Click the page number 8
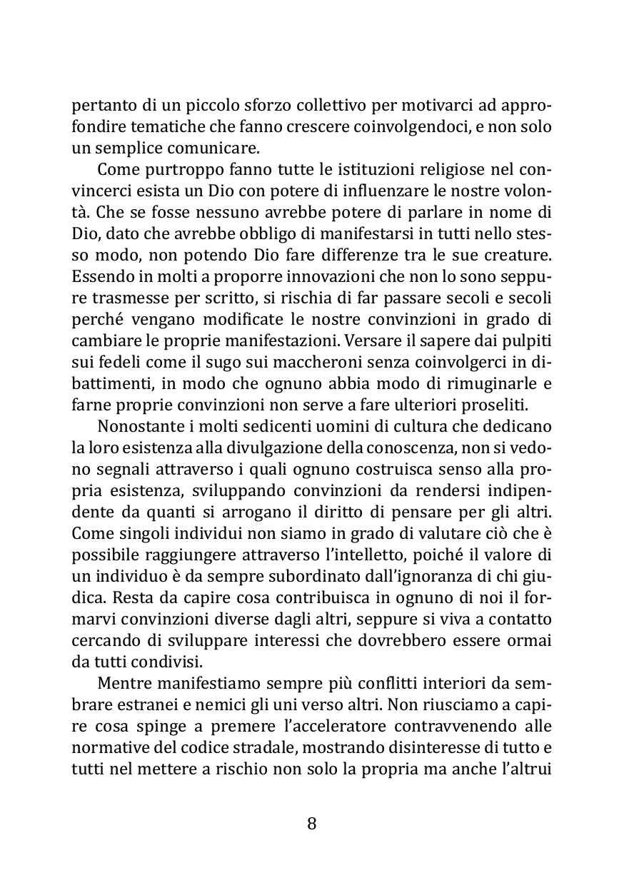tap(311, 823)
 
